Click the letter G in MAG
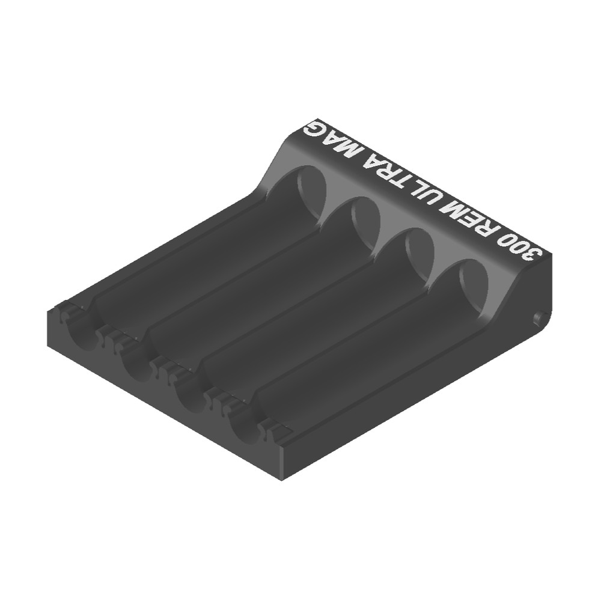[315, 129]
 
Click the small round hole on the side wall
[538, 318]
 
